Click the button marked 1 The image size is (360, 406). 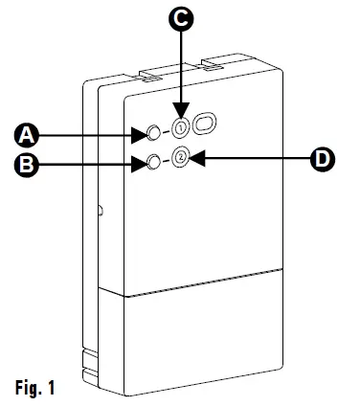[x=180, y=125]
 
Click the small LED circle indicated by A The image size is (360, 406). [x=154, y=131]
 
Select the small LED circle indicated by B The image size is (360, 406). [x=153, y=162]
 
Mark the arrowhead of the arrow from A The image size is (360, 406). [x=142, y=132]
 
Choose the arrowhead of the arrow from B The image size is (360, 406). [x=141, y=164]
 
